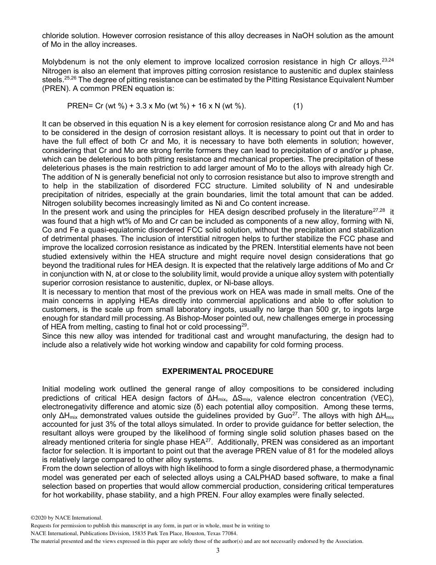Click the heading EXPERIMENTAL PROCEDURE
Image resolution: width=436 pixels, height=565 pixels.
tap(218, 371)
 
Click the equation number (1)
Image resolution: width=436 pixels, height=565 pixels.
tap(298, 106)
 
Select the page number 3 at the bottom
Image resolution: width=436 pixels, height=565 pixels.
tap(218, 550)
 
